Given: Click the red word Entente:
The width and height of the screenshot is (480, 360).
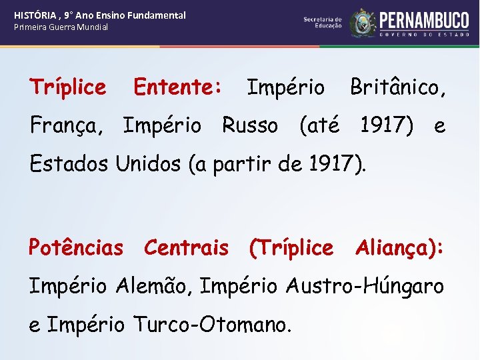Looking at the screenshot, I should point(178,87).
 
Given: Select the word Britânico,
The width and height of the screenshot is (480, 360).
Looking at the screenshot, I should point(398,87).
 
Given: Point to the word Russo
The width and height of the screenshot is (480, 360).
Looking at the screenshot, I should point(250,125).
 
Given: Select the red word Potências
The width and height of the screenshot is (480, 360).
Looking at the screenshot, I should point(75,248).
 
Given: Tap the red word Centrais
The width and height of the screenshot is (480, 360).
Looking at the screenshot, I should point(186,248).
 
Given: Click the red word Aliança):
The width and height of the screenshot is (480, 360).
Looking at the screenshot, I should point(399,248).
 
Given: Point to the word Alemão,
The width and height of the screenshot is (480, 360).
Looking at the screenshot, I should point(155,286).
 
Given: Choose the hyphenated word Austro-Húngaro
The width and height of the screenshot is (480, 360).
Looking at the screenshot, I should point(365,286).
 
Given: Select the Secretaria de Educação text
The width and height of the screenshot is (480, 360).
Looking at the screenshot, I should point(323,23).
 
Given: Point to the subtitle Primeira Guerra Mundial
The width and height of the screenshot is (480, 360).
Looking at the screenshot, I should point(61,27).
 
